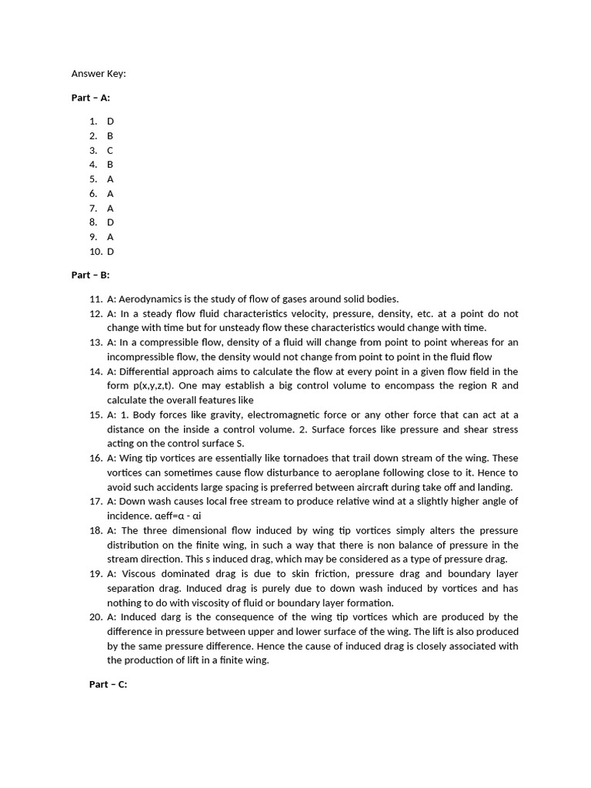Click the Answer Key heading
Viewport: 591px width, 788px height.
coord(98,74)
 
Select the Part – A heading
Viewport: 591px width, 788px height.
coord(91,98)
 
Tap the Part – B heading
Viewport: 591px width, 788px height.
coord(91,275)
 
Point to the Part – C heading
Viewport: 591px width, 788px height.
coord(109,684)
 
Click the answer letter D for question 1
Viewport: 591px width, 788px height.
coord(110,121)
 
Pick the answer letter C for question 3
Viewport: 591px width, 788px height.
coord(110,150)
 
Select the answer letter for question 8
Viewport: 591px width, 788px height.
coord(110,222)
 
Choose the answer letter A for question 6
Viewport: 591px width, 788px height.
coord(110,193)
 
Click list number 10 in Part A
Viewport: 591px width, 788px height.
coord(95,252)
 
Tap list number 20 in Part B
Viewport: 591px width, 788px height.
coord(95,616)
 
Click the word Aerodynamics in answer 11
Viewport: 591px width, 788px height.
coord(151,299)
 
